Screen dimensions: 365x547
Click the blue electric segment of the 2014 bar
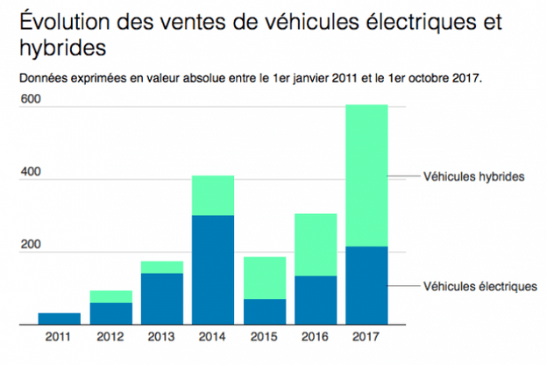(x=213, y=269)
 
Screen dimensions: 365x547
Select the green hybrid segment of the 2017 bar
(x=366, y=175)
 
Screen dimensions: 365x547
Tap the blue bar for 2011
(x=60, y=318)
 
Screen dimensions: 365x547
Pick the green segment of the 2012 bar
(x=110, y=297)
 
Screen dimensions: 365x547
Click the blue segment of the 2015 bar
(x=265, y=311)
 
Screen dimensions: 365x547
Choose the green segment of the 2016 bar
(x=316, y=245)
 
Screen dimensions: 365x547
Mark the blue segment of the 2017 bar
(x=366, y=285)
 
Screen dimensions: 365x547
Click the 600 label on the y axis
(x=32, y=99)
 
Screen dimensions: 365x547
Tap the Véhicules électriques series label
(x=479, y=286)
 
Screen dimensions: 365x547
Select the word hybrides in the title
(x=62, y=46)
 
